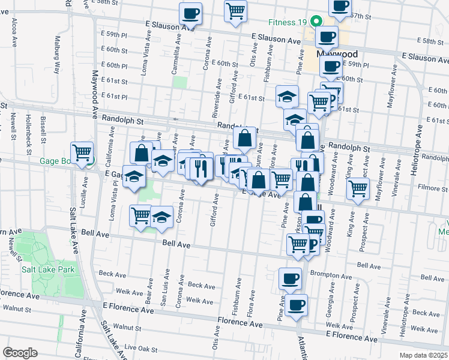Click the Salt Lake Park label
48,269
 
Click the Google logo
20,353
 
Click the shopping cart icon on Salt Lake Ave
82,151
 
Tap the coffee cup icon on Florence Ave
295,304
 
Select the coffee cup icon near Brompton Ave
291,278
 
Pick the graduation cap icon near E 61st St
288,95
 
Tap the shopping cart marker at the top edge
236,10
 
